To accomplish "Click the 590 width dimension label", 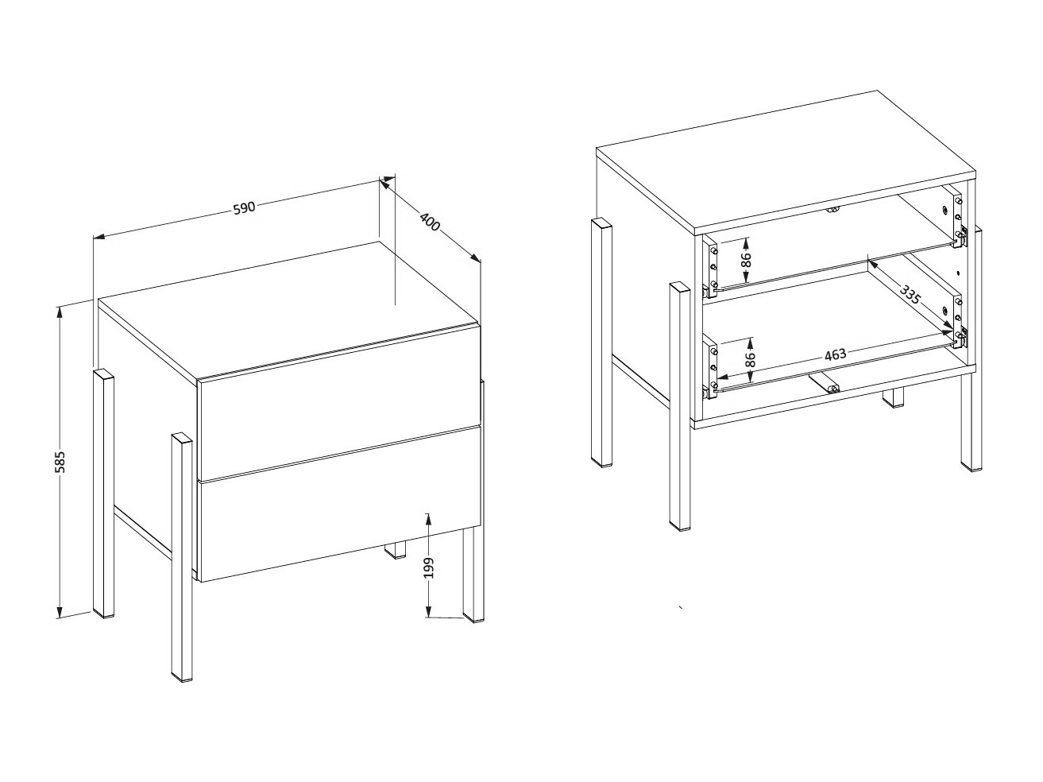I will coord(244,207).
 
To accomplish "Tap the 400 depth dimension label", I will coord(429,223).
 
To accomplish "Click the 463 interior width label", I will coord(835,354).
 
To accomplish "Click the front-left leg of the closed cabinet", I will coord(182,556).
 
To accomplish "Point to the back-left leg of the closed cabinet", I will coord(104,493).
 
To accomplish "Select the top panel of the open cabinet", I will coord(786,163).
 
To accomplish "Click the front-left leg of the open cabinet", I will coord(681,405).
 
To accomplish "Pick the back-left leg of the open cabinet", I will coord(601,342).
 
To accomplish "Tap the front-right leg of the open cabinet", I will coord(969,421).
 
